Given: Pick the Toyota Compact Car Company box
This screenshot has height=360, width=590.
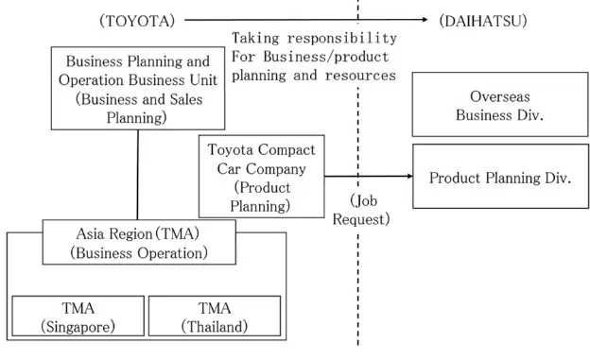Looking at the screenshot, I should [x=261, y=177].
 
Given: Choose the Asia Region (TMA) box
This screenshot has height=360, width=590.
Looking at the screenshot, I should [x=139, y=243].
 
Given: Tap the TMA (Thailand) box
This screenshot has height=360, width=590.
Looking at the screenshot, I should [x=215, y=317].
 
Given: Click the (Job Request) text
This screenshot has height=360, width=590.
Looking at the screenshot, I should [x=363, y=209].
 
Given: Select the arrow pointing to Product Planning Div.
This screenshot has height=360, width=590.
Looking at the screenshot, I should [x=369, y=176].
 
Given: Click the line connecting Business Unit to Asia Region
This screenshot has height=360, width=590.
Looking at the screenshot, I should [x=138, y=175].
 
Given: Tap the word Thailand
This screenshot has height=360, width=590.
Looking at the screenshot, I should [x=215, y=326].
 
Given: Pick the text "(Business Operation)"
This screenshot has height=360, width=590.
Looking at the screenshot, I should [x=139, y=253].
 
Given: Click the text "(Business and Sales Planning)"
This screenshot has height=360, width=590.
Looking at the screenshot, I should [x=137, y=110].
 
